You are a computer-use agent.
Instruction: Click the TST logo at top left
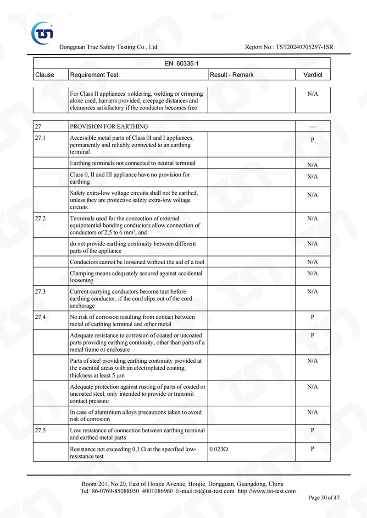click(43, 33)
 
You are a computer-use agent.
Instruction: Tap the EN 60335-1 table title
click(182, 64)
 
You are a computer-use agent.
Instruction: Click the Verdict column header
click(313, 75)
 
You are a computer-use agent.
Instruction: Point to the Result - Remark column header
click(232, 75)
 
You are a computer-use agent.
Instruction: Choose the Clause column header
click(44, 75)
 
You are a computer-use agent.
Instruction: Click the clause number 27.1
click(40, 138)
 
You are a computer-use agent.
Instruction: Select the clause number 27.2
click(40, 218)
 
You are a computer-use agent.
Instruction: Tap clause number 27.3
click(40, 291)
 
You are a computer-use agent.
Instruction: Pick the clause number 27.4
click(40, 317)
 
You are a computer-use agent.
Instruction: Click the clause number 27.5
click(40, 431)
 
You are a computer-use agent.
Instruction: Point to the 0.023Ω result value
click(219, 449)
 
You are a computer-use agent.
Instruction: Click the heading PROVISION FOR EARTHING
click(109, 126)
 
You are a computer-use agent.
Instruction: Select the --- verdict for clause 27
click(312, 127)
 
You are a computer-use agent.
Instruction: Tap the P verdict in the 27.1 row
click(312, 140)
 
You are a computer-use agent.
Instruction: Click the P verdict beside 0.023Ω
click(312, 449)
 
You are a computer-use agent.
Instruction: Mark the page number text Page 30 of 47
click(324, 497)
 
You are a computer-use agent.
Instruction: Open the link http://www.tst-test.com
click(267, 491)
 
